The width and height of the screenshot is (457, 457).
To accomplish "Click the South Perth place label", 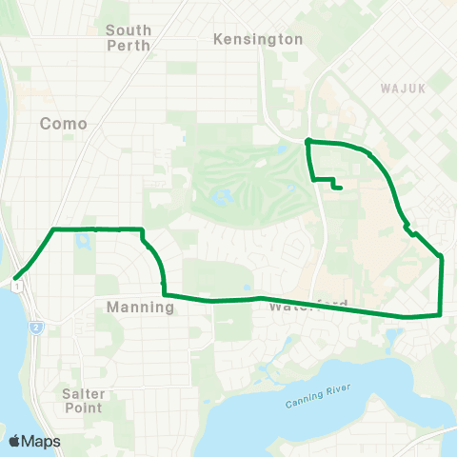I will [129, 37].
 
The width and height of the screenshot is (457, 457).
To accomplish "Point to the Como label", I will [64, 124].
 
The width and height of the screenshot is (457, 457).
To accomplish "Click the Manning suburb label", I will [139, 307].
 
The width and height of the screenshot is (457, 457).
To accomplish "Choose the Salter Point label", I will [83, 400].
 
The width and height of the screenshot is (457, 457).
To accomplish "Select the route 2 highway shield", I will [34, 328].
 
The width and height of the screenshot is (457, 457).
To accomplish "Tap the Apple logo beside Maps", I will [14, 441].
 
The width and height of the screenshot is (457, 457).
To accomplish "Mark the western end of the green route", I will [15, 279].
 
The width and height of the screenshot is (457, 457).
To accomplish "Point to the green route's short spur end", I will [341, 189].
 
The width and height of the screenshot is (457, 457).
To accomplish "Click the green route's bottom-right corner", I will [439, 314].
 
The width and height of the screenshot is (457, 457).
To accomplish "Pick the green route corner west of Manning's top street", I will [53, 229].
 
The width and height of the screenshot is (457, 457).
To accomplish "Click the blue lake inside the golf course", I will [224, 197].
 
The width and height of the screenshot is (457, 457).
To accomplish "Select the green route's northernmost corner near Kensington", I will [308, 142].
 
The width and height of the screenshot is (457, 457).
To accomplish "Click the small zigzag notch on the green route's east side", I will [409, 228].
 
